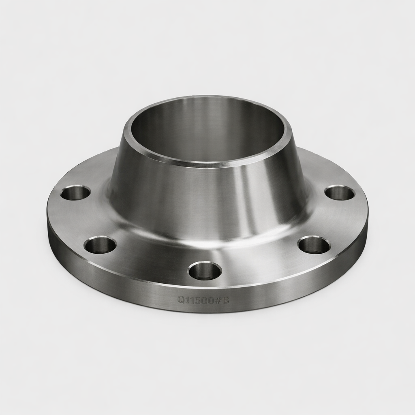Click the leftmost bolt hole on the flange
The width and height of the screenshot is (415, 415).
pos(75,193)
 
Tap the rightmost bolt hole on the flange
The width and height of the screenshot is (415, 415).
pos(340,193)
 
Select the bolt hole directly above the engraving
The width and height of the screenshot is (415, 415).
pos(205,271)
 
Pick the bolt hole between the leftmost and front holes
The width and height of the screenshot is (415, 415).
pos(100,245)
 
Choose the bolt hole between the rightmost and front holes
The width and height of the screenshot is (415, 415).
pos(314,245)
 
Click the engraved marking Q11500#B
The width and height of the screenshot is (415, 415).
pos(203,300)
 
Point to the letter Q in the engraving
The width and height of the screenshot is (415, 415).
pos(181,300)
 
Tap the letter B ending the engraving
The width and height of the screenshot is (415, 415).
pos(226,300)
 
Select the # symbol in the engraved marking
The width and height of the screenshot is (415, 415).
pos(219,300)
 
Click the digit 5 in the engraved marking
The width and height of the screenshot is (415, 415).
pos(197,300)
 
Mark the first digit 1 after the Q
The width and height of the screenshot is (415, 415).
pos(187,300)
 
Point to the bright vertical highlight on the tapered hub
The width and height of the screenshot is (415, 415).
pos(243,195)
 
